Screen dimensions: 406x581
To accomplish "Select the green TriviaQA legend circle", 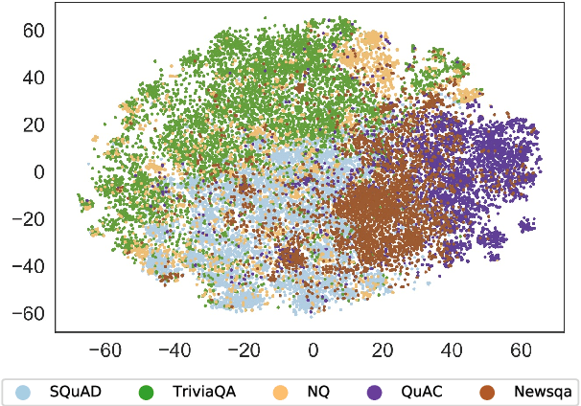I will pos(146,392).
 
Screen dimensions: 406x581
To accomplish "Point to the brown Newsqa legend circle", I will pos(488,392).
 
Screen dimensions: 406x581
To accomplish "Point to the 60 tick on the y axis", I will pos(35,30).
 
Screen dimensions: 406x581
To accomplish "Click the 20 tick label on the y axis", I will pos(35,124).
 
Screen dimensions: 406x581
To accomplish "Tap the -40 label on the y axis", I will pos(31,266).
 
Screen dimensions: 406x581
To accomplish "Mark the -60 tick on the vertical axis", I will pos(31,313).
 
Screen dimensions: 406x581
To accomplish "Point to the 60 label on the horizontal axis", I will pos(522,349).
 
